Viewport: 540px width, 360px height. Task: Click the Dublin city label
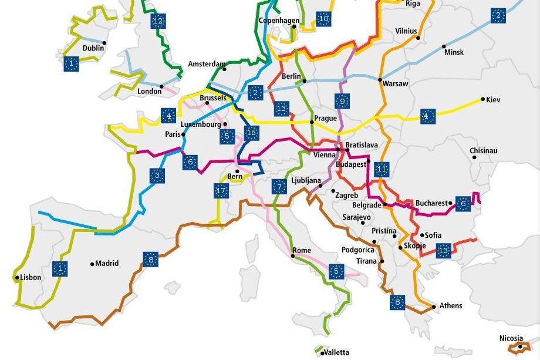pyautogui.click(x=93, y=48)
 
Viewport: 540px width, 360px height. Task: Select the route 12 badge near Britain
pyautogui.click(x=157, y=22)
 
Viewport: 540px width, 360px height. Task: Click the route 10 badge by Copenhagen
pyautogui.click(x=323, y=19)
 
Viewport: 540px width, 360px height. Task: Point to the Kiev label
pyautogui.click(x=494, y=100)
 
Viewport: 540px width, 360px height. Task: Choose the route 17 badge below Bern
pyautogui.click(x=221, y=190)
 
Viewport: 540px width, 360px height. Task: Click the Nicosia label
pyautogui.click(x=510, y=338)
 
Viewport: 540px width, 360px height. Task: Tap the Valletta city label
pyautogui.click(x=336, y=352)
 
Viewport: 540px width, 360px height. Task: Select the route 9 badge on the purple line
pyautogui.click(x=343, y=102)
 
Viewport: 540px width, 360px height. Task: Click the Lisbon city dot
pyautogui.click(x=17, y=277)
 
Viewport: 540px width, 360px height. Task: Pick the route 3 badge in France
pyautogui.click(x=157, y=175)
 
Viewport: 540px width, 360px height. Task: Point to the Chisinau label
pyautogui.click(x=483, y=151)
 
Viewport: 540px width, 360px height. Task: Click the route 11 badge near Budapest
pyautogui.click(x=382, y=170)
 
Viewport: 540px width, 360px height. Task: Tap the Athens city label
pyautogui.click(x=450, y=305)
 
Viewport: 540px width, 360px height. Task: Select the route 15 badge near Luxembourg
pyautogui.click(x=252, y=133)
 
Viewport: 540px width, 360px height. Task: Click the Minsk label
pyautogui.click(x=454, y=52)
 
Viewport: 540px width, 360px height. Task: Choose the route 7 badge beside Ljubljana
pyautogui.click(x=279, y=187)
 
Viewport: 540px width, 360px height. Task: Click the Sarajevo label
pyautogui.click(x=356, y=217)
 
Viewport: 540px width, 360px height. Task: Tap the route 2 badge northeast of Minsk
pyautogui.click(x=498, y=16)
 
